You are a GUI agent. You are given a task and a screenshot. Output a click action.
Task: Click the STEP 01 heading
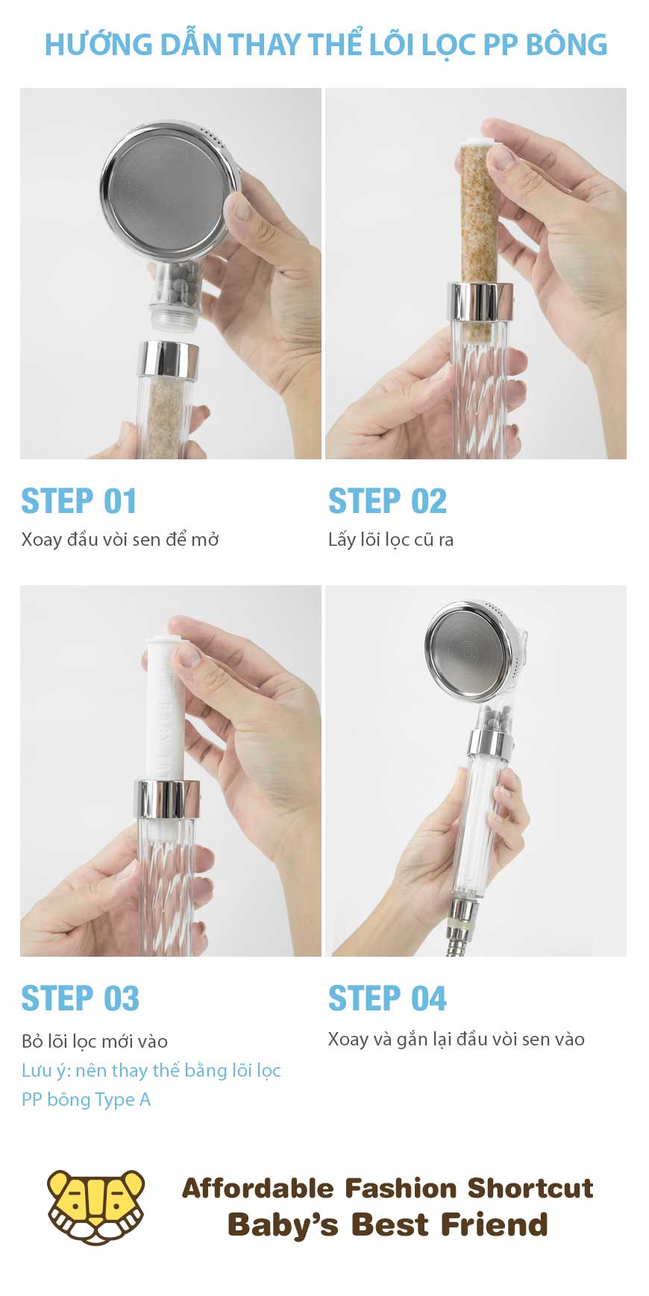click(x=79, y=501)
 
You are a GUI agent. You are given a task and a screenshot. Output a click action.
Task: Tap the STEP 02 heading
click(x=387, y=501)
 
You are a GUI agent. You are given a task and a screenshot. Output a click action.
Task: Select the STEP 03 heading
click(x=80, y=998)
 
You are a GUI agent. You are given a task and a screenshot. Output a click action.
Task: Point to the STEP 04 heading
click(x=387, y=998)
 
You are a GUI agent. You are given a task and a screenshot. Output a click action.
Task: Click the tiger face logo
click(x=95, y=1207)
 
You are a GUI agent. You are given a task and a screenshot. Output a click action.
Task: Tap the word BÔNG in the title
click(x=567, y=45)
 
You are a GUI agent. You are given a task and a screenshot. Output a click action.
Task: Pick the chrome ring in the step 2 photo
click(x=480, y=301)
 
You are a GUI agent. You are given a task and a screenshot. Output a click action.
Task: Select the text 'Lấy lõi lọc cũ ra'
click(x=391, y=540)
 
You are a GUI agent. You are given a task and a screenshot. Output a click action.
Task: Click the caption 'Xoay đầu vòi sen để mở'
click(x=120, y=539)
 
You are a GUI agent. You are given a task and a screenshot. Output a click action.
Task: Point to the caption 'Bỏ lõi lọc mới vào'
click(x=95, y=1041)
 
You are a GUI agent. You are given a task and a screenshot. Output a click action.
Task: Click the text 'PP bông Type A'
click(x=86, y=1100)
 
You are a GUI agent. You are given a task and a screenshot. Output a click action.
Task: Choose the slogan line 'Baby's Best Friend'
click(x=388, y=1224)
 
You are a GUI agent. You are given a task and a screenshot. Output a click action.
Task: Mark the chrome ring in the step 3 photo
click(x=167, y=799)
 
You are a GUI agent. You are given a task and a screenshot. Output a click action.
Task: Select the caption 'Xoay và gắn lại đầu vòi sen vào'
click(x=457, y=1039)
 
